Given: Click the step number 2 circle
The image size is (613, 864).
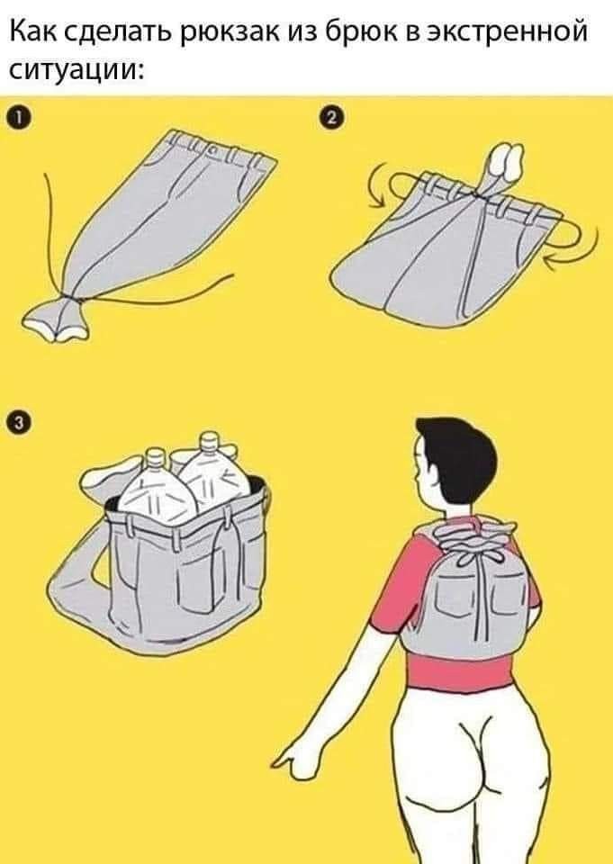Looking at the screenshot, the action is (x=331, y=118).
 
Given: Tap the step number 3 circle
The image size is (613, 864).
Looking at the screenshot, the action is (x=20, y=423).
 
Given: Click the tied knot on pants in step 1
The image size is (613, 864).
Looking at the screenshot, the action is (x=70, y=299).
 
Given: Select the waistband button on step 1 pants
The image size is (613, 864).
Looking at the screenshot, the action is (x=213, y=150).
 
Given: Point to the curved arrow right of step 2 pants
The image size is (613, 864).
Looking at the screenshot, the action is (x=575, y=246).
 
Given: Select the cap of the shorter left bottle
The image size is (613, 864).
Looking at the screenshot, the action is (x=156, y=458).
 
